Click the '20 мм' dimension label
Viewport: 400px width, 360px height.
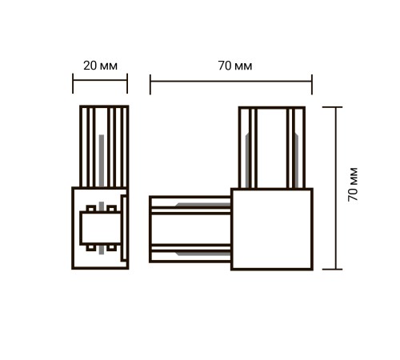tap(100, 66)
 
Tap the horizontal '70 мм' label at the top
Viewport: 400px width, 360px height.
tap(235, 66)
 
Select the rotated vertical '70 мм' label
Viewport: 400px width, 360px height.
tap(353, 184)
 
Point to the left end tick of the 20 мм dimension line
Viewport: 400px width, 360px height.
tap(73, 83)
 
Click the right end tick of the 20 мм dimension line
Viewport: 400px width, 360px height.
tap(127, 83)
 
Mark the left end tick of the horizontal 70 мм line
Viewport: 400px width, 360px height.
tap(150, 85)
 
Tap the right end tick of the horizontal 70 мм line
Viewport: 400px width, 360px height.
tap(312, 85)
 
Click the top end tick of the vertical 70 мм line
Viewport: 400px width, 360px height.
tap(332, 107)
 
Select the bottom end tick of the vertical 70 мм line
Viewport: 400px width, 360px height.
tap(332, 270)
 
